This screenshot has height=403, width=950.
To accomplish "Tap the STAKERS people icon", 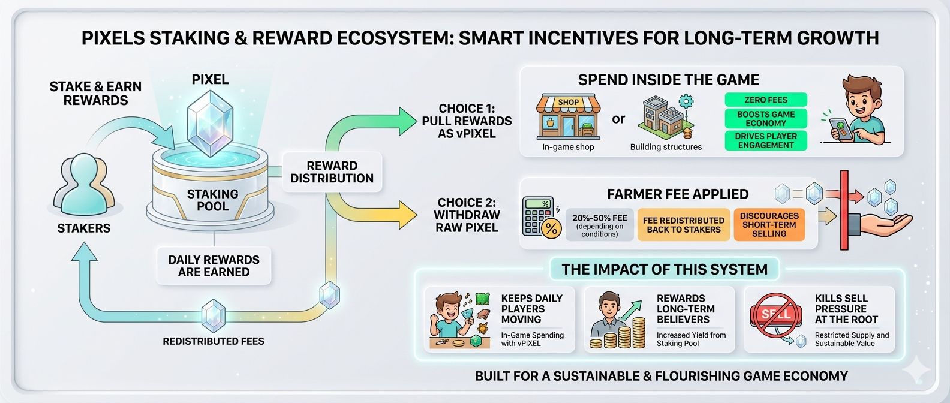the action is coord(84,185).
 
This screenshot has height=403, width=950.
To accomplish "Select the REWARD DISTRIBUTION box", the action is coord(332,172).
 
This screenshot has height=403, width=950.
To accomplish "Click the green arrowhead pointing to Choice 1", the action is coord(407,122).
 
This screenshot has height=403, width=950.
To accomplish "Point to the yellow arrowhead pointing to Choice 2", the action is coord(407,215).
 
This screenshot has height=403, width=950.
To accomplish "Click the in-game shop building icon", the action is coord(569,117).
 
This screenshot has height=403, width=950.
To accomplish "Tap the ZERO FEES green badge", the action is coord(766,100).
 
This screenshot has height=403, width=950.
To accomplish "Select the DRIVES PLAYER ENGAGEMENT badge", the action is coord(766,140).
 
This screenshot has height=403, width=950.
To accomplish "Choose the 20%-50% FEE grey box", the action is coord(599,225).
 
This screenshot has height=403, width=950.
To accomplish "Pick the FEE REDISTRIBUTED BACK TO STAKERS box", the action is coord(684,225).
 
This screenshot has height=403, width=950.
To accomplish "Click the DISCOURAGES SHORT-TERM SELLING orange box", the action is coord(769,225).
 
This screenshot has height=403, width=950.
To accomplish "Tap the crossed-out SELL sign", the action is coord(776,315).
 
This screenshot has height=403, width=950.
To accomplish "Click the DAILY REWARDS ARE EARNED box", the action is coord(214,266).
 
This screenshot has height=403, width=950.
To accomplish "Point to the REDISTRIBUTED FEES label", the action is coord(214,341).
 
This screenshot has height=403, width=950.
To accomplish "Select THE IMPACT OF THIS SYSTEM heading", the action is coord(665,269).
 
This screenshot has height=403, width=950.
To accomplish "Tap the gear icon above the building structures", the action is coord(686,101).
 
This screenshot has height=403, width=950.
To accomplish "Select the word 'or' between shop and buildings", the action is coord(618,119).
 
